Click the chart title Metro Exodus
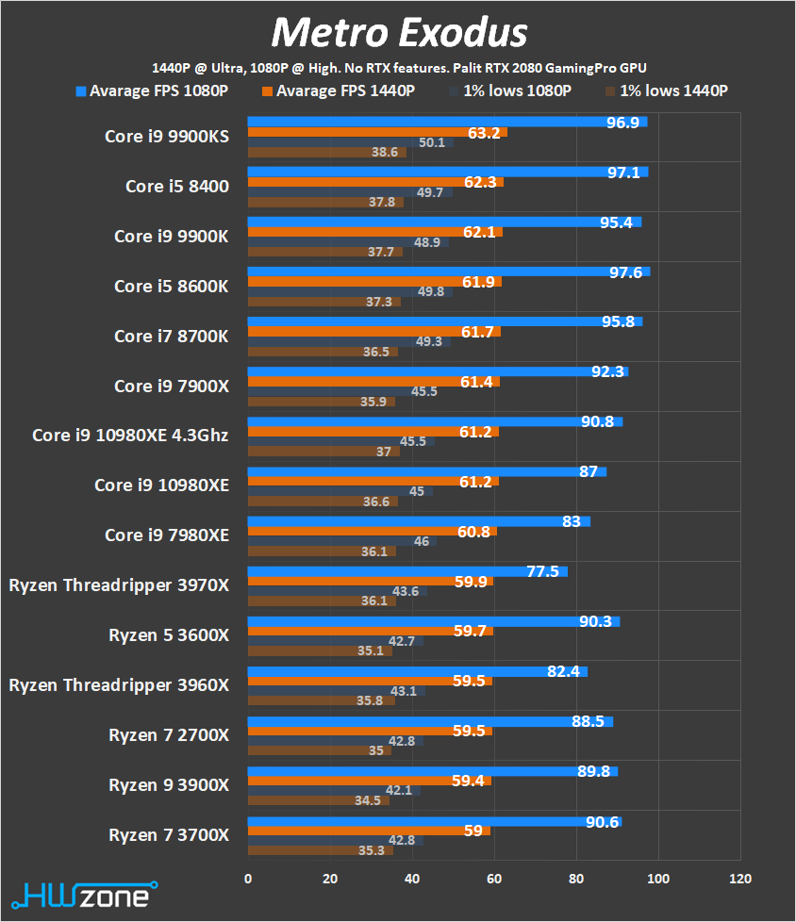point(398,33)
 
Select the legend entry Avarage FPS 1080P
point(152,91)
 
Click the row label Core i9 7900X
point(171,386)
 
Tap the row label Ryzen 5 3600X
point(169,634)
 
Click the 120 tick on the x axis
point(740,879)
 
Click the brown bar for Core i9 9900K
point(324,252)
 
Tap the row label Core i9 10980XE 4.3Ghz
point(130,435)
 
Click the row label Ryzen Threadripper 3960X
point(119,684)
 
